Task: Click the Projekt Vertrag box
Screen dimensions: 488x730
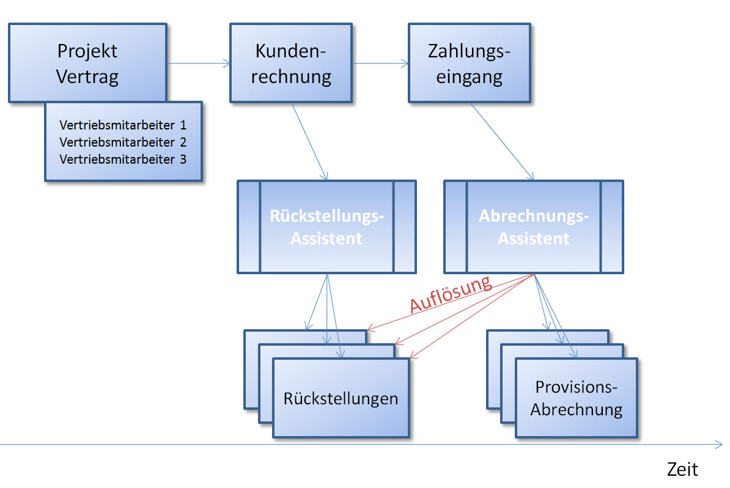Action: (87, 62)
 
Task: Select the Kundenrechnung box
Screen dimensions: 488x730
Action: (291, 63)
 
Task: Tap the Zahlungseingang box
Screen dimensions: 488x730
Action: (469, 63)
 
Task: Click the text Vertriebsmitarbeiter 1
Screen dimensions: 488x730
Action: (123, 125)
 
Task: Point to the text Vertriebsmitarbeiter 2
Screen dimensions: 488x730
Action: (123, 142)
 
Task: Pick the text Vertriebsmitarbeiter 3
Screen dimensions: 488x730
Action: (123, 159)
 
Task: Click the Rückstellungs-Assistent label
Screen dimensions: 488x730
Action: (326, 227)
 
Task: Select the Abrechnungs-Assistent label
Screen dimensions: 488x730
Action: (533, 227)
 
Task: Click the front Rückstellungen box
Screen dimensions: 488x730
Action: (341, 398)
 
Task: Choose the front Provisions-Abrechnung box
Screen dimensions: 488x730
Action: (576, 398)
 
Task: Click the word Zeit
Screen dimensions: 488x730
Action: (682, 470)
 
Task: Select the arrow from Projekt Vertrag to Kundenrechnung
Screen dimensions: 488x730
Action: (198, 63)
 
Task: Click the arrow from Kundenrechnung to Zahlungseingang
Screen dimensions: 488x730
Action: (380, 63)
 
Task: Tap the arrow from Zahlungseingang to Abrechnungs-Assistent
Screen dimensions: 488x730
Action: (502, 141)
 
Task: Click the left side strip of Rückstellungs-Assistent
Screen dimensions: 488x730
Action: (249, 227)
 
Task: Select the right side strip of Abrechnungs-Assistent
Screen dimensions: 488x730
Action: (612, 227)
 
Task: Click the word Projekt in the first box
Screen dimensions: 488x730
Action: (87, 51)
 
